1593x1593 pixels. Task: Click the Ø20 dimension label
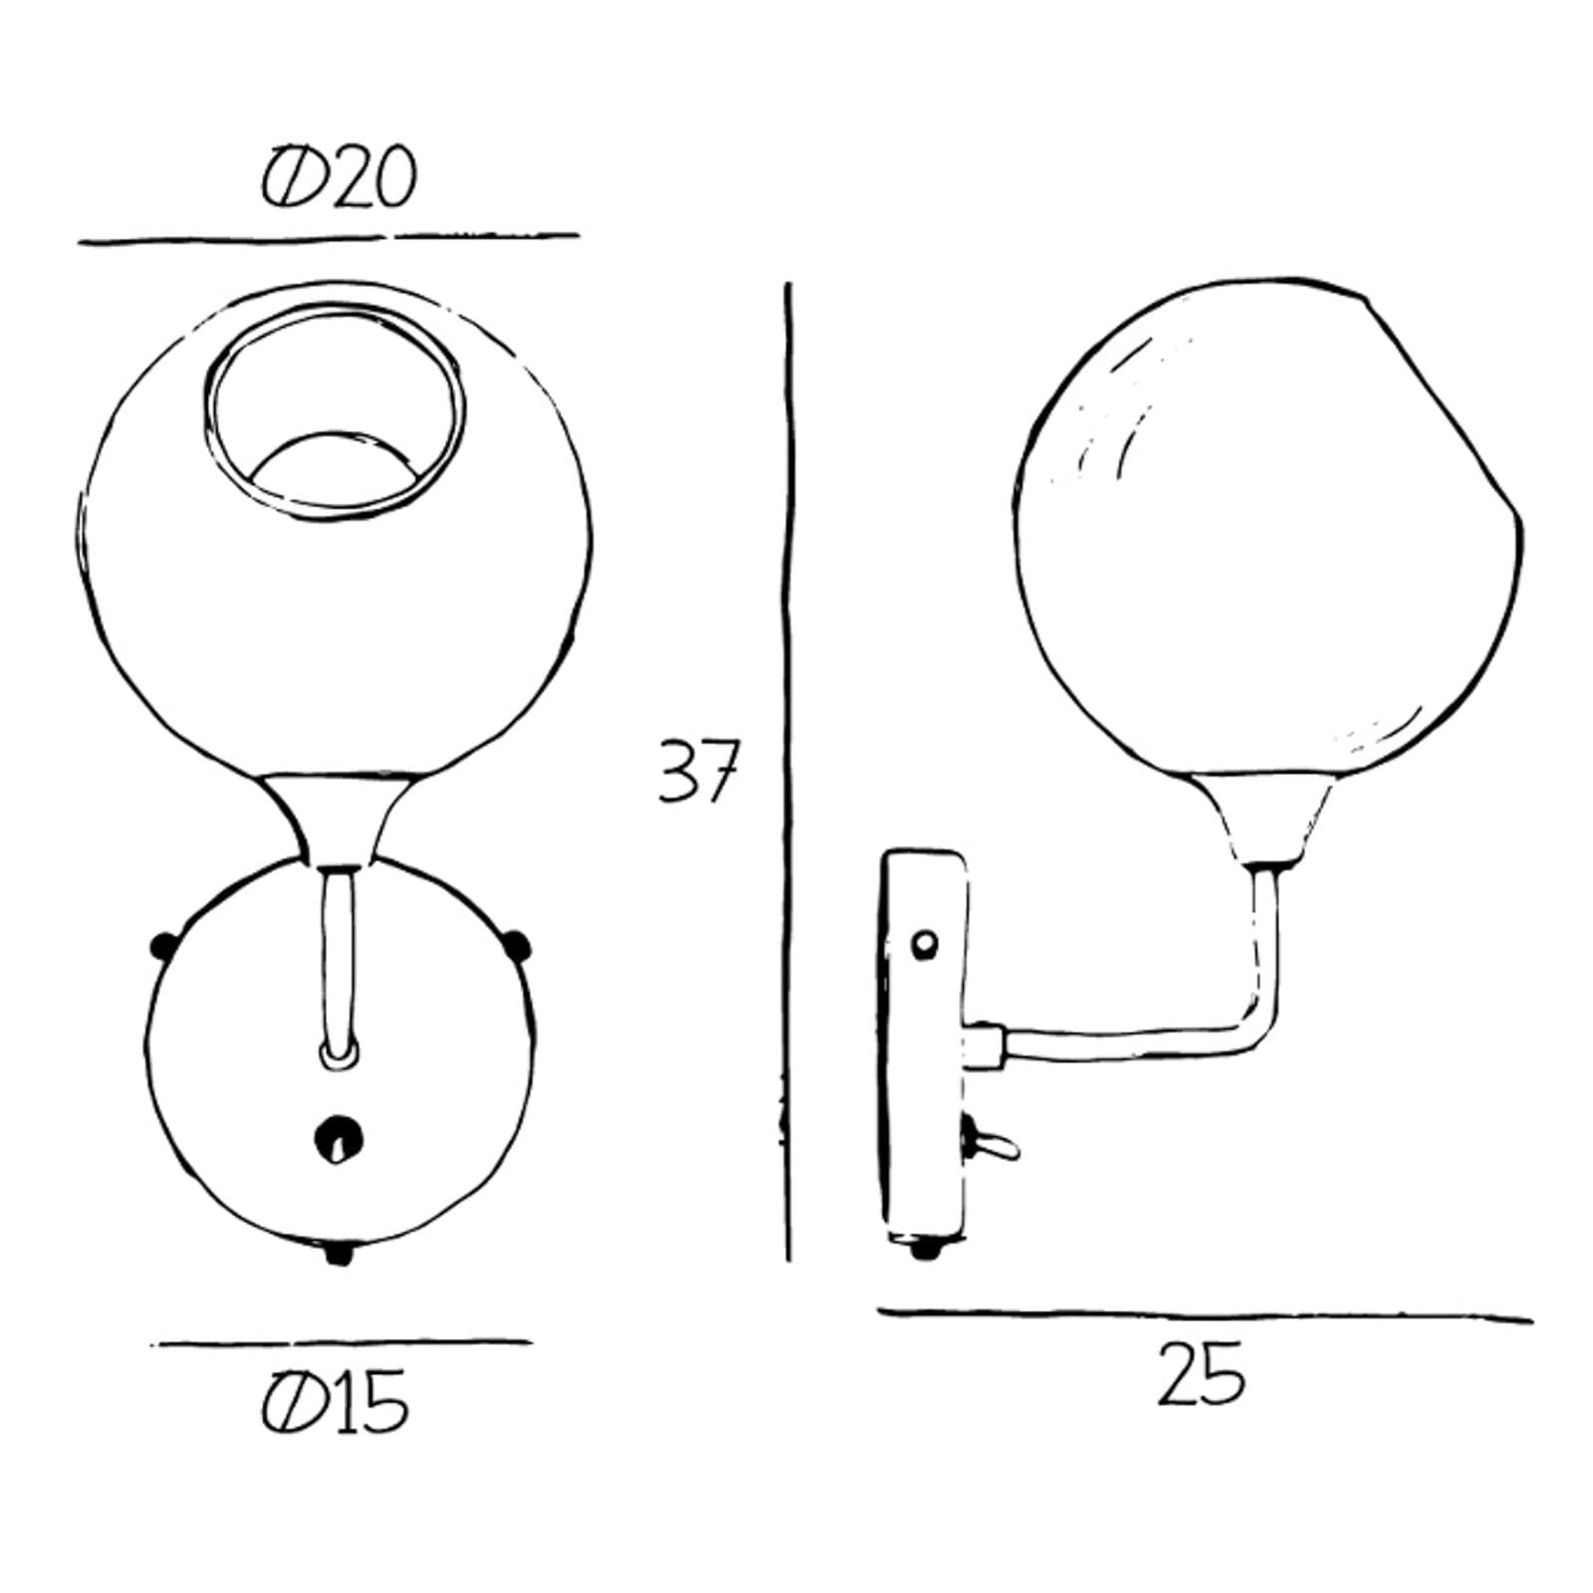click(x=338, y=179)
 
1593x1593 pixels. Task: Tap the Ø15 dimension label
click(x=336, y=1402)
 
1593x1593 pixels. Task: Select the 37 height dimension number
click(x=698, y=771)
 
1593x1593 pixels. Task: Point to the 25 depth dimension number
click(x=1202, y=1374)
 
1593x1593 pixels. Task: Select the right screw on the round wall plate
click(x=517, y=944)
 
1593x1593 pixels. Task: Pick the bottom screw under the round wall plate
click(x=339, y=1252)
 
